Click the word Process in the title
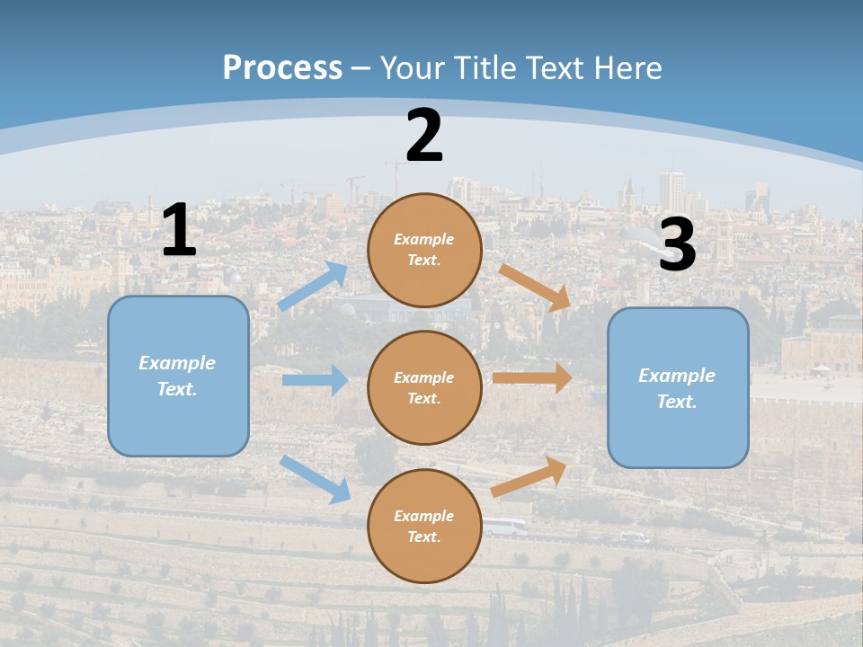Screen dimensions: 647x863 point(282,68)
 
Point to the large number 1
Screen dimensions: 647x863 point(179,231)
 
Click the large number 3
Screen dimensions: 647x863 point(677,245)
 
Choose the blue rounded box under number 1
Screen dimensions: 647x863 point(178,376)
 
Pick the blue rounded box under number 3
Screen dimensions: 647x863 point(678,387)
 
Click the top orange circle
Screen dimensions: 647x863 point(424,250)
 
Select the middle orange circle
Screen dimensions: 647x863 point(424,387)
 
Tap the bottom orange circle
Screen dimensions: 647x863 point(424,526)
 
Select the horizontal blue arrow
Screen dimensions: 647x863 point(316,380)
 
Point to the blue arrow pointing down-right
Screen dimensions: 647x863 point(316,479)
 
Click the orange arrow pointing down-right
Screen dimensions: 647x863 point(535,288)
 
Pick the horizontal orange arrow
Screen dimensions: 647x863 point(532,377)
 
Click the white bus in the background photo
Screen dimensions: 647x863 point(505,527)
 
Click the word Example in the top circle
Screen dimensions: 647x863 point(424,240)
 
